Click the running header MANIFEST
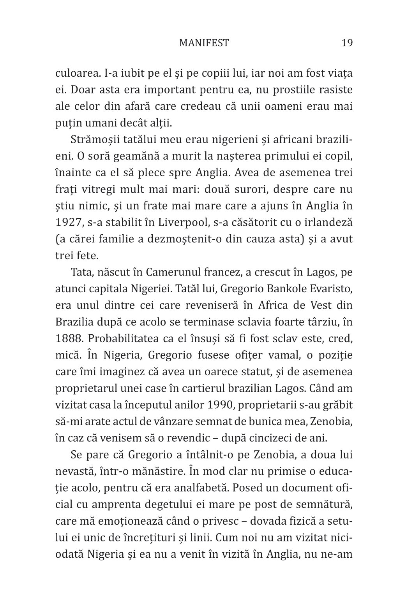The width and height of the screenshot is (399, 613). pos(204,43)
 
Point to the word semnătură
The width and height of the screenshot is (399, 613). pos(327,504)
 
